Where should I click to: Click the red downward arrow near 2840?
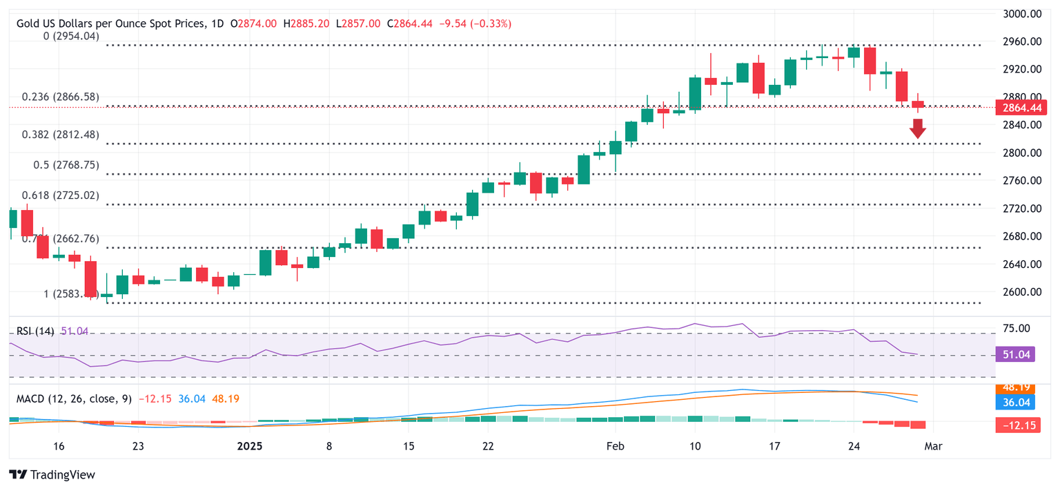coord(917,128)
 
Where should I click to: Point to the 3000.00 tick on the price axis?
coord(1021,14)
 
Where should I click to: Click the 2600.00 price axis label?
coord(1021,292)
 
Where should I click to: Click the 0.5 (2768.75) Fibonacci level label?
coord(61,166)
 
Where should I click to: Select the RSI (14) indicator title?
coord(35,331)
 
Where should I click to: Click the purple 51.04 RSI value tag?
coord(1015,354)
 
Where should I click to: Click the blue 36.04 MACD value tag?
coord(1015,402)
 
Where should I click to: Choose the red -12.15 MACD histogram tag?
coord(1015,425)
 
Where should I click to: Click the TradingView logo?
coord(52,475)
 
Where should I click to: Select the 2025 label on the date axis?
coord(251,446)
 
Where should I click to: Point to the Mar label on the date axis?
coord(934,446)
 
